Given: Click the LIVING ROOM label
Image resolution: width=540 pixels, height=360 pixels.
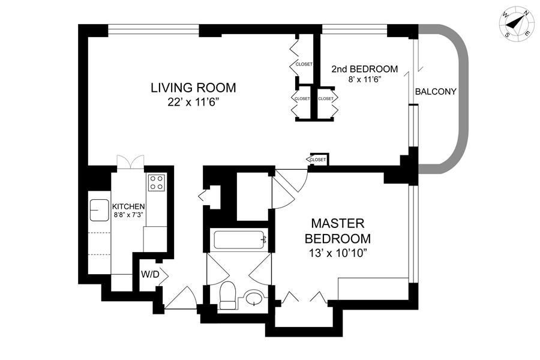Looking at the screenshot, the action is pos(193,88).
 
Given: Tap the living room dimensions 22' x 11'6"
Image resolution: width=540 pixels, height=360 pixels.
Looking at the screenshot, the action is pos(194,103).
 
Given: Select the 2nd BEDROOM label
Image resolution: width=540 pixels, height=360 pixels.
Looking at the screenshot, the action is pos(364,69).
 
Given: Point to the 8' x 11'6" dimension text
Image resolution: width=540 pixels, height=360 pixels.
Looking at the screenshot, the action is pos(364,80).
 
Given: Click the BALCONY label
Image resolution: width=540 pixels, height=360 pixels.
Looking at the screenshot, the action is pos(436,92).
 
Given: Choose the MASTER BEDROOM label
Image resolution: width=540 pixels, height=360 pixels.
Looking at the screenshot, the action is pos(337,231).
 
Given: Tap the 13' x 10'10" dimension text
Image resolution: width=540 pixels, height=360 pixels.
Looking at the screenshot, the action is pos(337,254).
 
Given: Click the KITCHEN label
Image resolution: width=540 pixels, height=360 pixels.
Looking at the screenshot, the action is pos(128,206).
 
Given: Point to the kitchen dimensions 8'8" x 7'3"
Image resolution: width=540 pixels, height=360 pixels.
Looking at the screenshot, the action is pos(128,214).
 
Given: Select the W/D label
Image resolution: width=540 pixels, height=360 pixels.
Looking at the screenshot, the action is pos(150,275).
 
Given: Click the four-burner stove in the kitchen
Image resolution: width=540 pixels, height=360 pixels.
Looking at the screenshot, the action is pos(157,182).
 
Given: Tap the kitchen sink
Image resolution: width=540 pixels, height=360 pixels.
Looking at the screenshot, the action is pos(100,210).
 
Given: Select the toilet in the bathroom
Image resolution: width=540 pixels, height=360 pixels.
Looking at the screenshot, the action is pos(227,295).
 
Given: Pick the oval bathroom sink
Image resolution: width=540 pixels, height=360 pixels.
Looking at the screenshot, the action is pos(254,298).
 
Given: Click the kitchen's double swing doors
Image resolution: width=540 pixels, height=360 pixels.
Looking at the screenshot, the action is pos(130,162).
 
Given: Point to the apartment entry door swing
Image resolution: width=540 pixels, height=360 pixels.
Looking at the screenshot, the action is pos(181,298).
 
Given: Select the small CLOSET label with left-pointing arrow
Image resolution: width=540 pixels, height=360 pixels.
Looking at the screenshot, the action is pos(317,160).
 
